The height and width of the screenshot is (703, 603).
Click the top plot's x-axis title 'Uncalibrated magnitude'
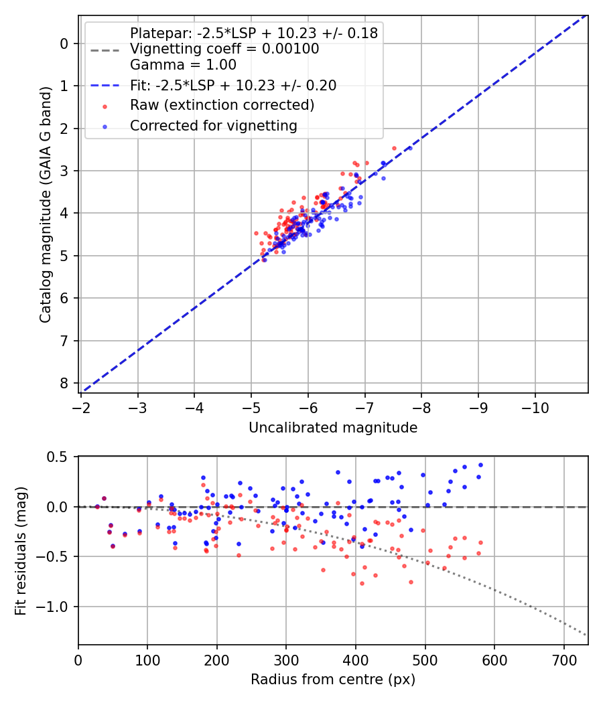(x=333, y=428)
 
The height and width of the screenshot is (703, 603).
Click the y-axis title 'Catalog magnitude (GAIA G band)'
(x=46, y=203)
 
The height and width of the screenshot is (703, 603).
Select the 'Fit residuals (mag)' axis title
(x=21, y=550)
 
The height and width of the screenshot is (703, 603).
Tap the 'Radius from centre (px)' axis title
(x=333, y=680)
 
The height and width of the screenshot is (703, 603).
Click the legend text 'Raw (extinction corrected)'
(x=222, y=105)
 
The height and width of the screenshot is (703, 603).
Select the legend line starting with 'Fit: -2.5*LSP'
(x=232, y=85)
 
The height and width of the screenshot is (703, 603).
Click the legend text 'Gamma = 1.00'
(x=183, y=65)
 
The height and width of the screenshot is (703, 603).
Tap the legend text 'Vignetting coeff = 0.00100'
(x=224, y=49)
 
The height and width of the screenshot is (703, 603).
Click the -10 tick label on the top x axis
(x=535, y=408)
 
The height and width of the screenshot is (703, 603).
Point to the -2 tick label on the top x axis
(x=81, y=408)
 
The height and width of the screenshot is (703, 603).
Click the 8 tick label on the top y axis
(x=64, y=383)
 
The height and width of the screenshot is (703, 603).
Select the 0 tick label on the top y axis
(x=64, y=44)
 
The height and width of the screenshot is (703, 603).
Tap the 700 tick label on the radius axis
(x=563, y=659)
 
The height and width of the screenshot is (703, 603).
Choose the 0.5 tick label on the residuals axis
(x=58, y=457)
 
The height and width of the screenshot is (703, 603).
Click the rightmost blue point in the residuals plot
(x=480, y=465)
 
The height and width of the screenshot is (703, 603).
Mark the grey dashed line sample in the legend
(x=104, y=50)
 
